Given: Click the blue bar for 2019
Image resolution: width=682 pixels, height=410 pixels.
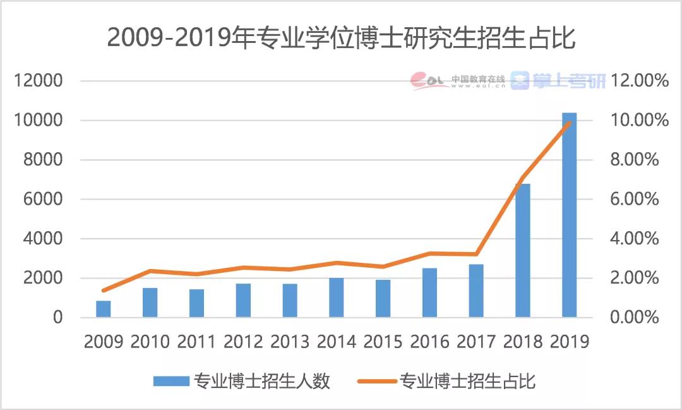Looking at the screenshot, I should (x=569, y=215).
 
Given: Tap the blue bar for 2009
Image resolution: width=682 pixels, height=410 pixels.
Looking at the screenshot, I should (x=104, y=309).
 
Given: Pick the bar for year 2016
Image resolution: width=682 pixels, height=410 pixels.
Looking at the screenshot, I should (x=429, y=292).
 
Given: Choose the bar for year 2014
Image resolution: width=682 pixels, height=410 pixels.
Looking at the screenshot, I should (x=337, y=298).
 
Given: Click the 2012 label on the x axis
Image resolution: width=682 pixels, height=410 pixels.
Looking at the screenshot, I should (x=243, y=342).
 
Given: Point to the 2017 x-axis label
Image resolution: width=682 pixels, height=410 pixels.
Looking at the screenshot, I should (x=476, y=342).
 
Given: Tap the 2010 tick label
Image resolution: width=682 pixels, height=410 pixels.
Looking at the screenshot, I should (x=150, y=342).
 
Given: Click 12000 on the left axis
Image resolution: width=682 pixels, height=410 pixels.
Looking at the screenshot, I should (x=40, y=81).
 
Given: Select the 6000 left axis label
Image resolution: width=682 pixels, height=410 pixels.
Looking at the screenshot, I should (x=44, y=200).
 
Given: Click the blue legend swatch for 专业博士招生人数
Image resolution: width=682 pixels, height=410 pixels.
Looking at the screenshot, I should (x=170, y=382).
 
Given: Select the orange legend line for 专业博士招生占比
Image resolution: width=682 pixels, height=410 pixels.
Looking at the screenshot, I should (x=376, y=382).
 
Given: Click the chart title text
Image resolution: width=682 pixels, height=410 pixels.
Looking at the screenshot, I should (x=341, y=37).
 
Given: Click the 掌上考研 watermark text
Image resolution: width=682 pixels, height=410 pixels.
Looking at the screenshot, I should (x=568, y=80).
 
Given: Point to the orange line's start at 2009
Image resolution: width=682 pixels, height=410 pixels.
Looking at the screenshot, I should (x=104, y=291).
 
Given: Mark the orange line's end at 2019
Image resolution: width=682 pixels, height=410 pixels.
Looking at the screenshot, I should (x=569, y=123).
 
